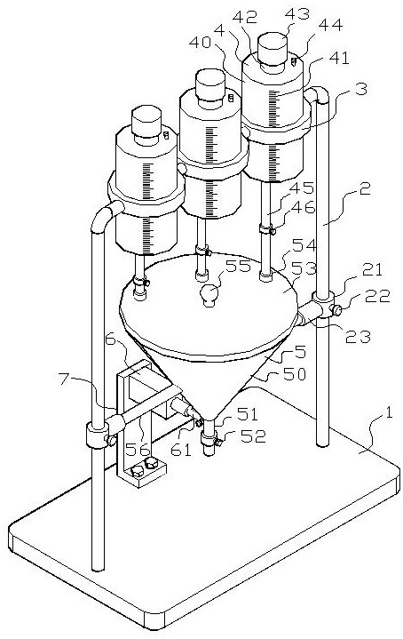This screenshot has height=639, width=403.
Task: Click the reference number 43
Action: tap(296, 13)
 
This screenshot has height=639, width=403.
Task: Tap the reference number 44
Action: tap(329, 26)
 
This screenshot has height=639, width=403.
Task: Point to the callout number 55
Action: tap(239, 267)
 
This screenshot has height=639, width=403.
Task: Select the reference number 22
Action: tap(377, 297)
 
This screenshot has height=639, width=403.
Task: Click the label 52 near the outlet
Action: tap(254, 436)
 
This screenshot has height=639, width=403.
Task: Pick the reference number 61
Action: tap(181, 449)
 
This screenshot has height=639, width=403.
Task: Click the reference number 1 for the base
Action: tap(388, 413)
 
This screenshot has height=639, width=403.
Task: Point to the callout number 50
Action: tap(295, 374)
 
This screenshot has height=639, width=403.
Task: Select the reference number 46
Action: tap(304, 207)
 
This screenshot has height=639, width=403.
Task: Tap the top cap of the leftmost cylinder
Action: tap(146, 121)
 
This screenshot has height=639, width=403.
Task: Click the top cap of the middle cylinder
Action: tap(210, 84)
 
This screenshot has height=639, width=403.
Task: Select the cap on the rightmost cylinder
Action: tap(273, 48)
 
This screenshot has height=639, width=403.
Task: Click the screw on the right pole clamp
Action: tap(337, 310)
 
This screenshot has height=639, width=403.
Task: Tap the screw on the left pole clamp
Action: tap(110, 440)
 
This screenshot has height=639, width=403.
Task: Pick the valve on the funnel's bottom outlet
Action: tap(211, 440)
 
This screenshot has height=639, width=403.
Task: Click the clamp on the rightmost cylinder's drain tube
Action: tap(267, 230)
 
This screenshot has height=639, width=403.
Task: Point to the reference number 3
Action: tap(360, 89)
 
